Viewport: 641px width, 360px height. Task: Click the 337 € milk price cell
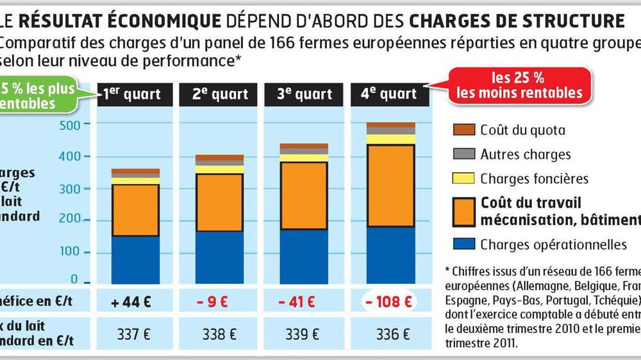pos(135,334)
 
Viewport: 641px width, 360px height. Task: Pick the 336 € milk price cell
pos(390,334)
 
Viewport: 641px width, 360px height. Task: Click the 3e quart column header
pos(306,95)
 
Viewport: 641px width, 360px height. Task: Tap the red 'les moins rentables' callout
pos(519,86)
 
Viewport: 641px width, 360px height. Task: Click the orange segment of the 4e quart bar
pos(390,186)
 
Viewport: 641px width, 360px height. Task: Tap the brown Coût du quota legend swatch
pos(463,130)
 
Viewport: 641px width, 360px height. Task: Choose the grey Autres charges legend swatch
pos(463,154)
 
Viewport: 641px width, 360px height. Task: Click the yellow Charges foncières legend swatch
pos(463,179)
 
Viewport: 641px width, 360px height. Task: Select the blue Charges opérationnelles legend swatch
pos(463,244)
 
